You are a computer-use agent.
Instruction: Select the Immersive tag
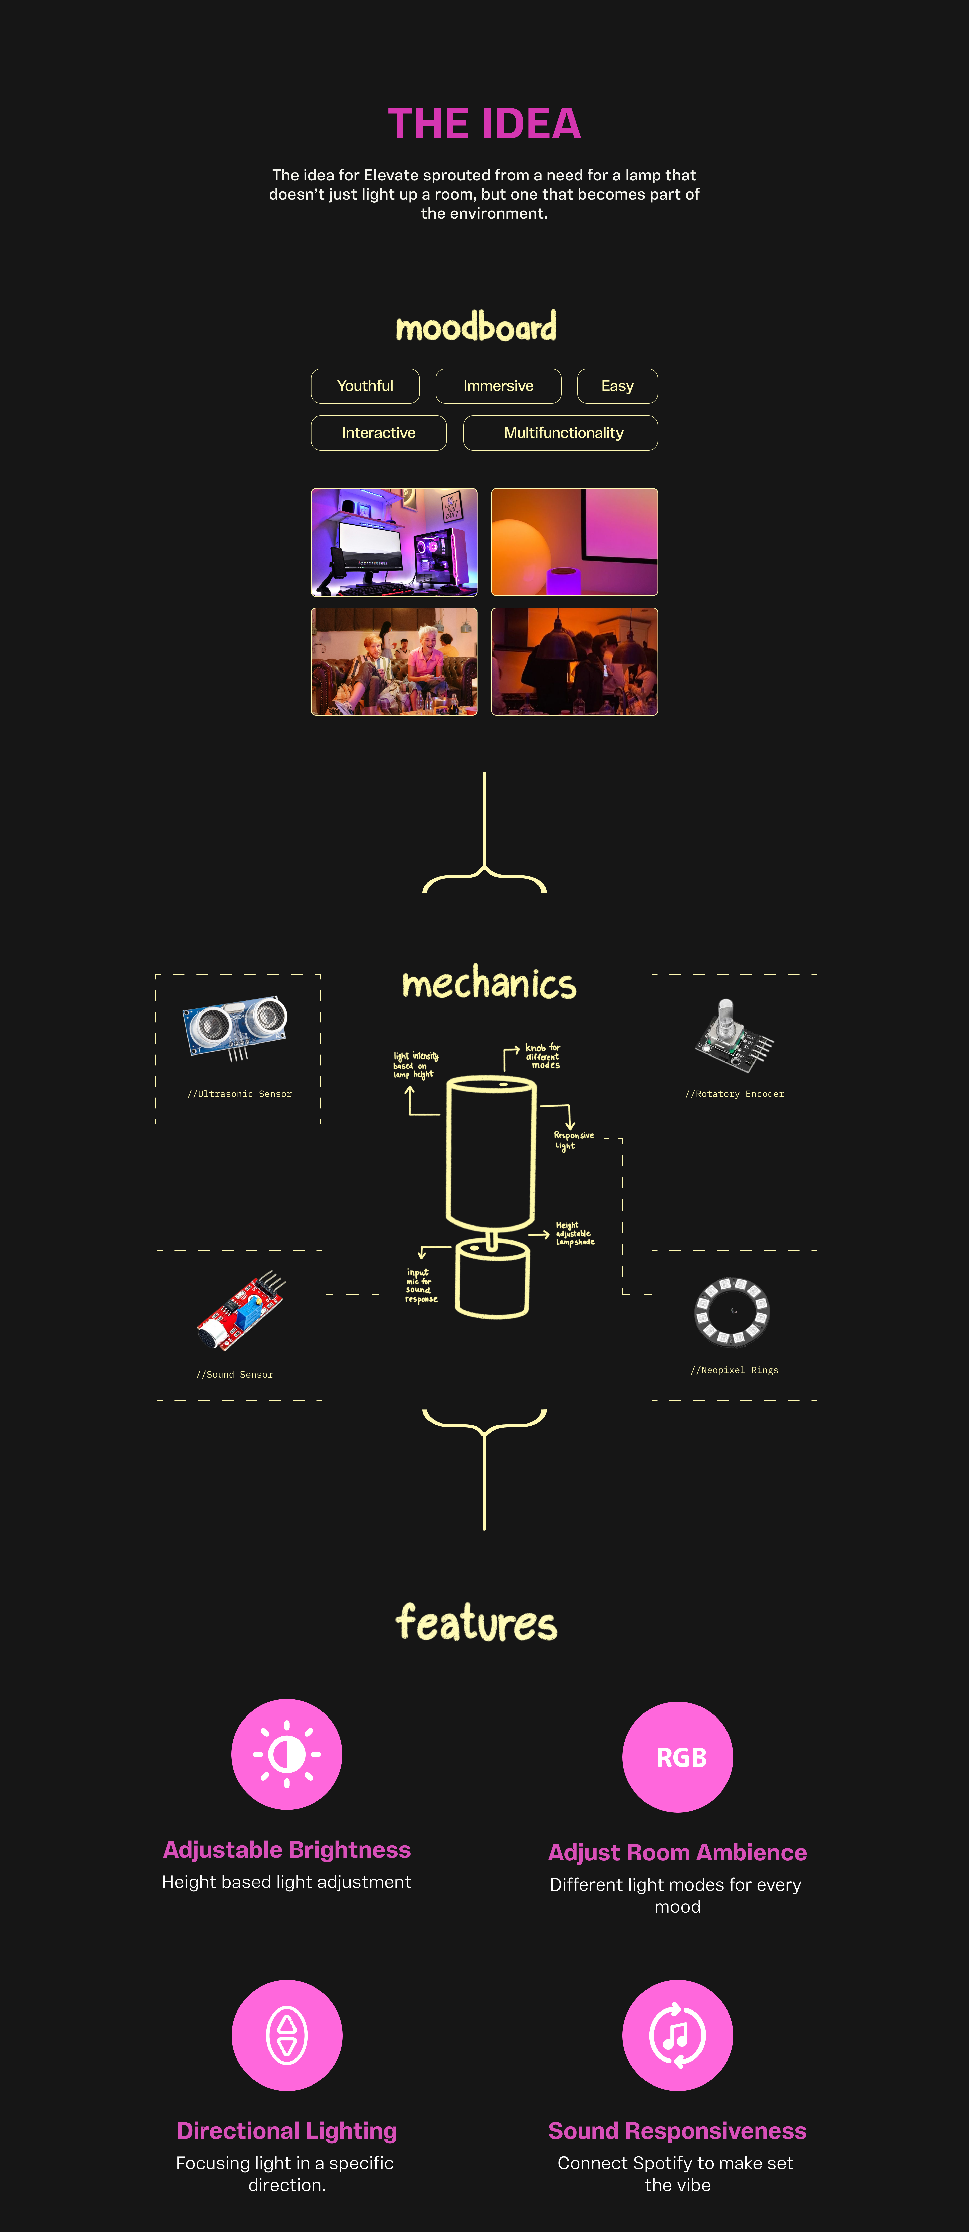498,386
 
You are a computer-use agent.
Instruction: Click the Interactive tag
379,432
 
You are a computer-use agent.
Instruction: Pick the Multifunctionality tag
563,432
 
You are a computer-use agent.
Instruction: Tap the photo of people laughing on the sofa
394,661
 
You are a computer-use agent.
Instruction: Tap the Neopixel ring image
733,1311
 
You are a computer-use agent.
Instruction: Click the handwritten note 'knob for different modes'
543,1056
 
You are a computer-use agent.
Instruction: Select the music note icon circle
677,2034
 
